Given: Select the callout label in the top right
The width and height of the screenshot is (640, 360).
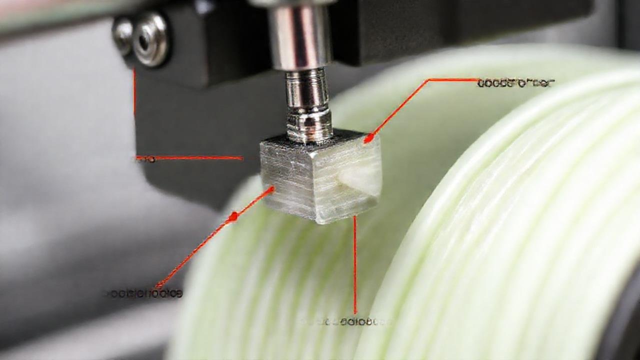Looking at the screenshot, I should tap(515, 83).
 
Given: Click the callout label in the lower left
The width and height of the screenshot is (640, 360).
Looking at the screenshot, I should tap(143, 293).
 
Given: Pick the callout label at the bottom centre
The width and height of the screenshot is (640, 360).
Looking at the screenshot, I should tap(347, 321).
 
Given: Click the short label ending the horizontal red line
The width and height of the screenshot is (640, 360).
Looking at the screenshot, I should tap(145, 159).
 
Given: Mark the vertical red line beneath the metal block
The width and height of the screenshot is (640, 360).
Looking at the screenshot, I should tap(355, 265).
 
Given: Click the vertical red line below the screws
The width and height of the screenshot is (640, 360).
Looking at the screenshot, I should tap(134, 92).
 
